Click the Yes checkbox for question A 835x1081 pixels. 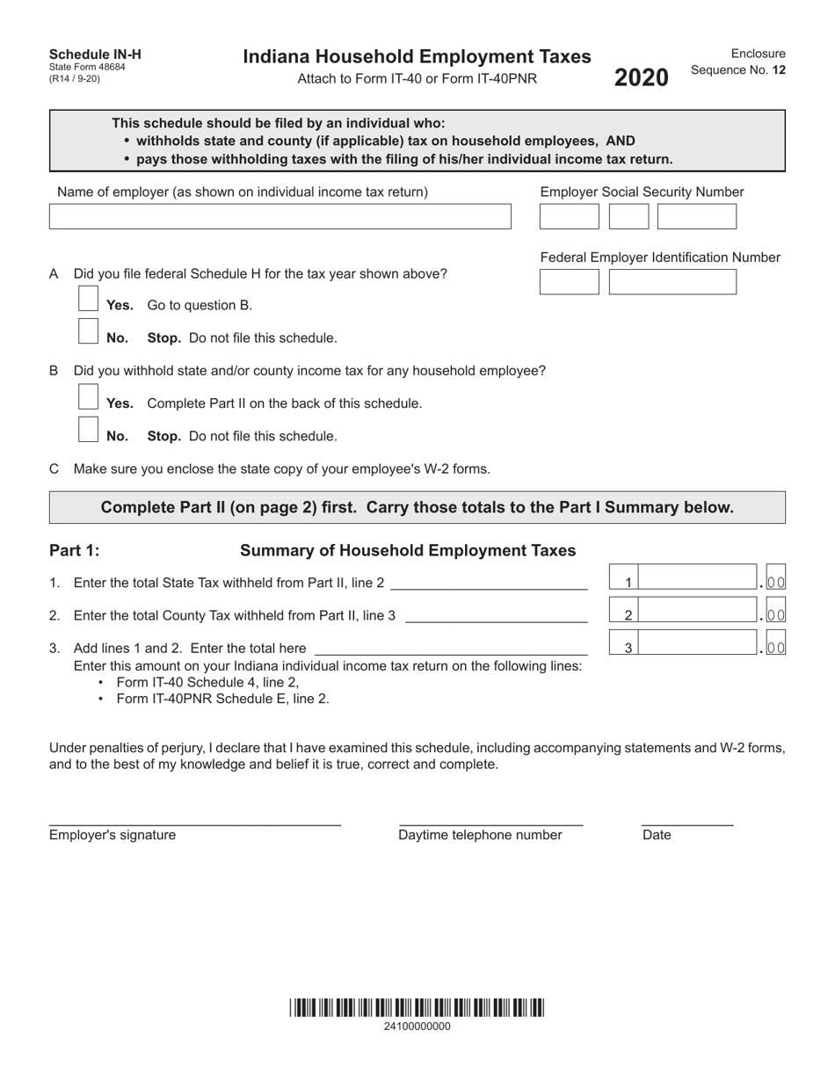click(88, 299)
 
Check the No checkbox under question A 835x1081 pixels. click(88, 331)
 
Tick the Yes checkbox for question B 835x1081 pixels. click(88, 396)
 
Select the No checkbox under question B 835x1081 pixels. click(88, 430)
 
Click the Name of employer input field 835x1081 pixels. click(280, 217)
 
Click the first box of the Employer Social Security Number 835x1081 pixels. click(569, 217)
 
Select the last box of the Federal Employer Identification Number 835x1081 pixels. click(672, 282)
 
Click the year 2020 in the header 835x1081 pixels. click(641, 78)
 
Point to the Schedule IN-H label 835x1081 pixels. click(95, 54)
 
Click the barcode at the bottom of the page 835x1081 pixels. click(417, 1008)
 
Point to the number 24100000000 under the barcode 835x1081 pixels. click(417, 1026)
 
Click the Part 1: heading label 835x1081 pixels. click(75, 551)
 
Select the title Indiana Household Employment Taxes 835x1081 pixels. click(417, 57)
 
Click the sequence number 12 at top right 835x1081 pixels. click(779, 70)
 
